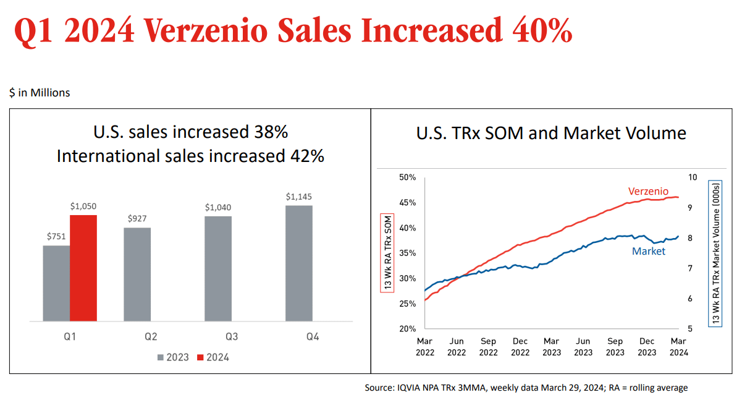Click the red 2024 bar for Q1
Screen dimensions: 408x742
(x=83, y=268)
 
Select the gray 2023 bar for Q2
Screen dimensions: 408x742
(x=137, y=274)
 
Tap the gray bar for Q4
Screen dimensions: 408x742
(x=299, y=263)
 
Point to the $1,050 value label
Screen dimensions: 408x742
(x=83, y=206)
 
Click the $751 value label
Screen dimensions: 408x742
(x=56, y=236)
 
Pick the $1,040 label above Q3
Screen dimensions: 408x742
(x=218, y=207)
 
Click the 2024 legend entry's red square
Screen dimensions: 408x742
(x=200, y=357)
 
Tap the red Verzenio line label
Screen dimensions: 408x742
(x=648, y=192)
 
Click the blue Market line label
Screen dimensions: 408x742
(x=648, y=251)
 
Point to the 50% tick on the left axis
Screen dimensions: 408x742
(x=407, y=177)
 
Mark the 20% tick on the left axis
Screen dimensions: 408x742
(x=407, y=329)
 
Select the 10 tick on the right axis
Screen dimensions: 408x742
(x=692, y=177)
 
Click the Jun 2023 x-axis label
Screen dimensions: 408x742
(x=583, y=347)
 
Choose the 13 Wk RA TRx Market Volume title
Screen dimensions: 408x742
(x=716, y=253)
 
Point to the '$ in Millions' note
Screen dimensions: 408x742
(x=40, y=93)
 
